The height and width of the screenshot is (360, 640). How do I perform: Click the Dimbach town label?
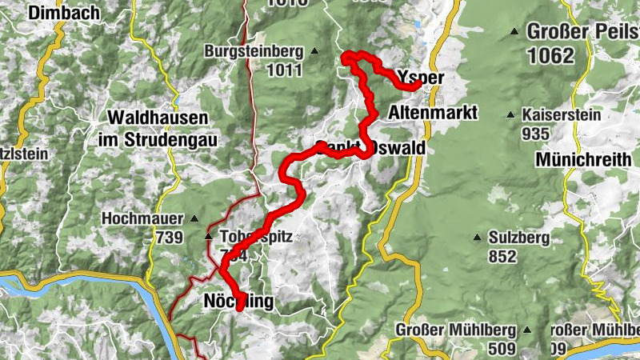[63, 13]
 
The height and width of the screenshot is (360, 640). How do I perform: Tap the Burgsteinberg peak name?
[254, 52]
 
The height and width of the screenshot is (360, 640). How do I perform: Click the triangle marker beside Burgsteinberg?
[314, 52]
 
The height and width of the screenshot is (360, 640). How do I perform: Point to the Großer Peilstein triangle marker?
[514, 32]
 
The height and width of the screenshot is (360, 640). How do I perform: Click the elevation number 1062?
[551, 55]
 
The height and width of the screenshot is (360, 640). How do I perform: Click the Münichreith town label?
[583, 160]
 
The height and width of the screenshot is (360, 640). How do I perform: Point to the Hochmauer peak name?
[138, 218]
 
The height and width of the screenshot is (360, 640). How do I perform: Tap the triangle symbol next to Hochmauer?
[193, 218]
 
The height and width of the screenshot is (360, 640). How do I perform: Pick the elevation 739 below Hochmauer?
[169, 237]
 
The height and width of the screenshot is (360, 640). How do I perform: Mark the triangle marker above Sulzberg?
[478, 237]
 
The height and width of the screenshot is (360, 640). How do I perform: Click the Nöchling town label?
[238, 301]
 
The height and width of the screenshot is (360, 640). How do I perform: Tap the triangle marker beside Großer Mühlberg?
[526, 330]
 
